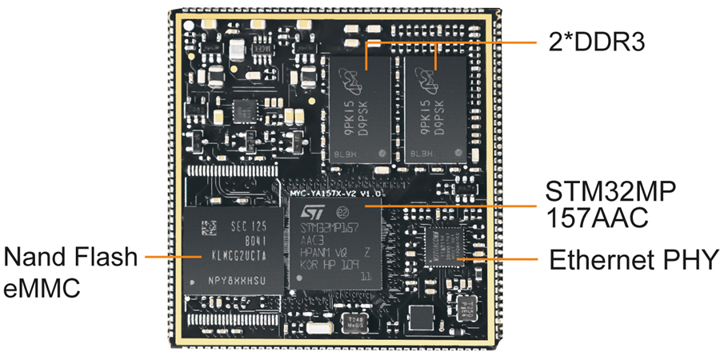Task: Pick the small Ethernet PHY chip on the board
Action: pyautogui.click(x=445, y=242)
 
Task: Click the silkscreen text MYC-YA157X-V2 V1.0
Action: pyautogui.click(x=338, y=194)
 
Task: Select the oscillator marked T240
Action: pyautogui.click(x=352, y=323)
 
